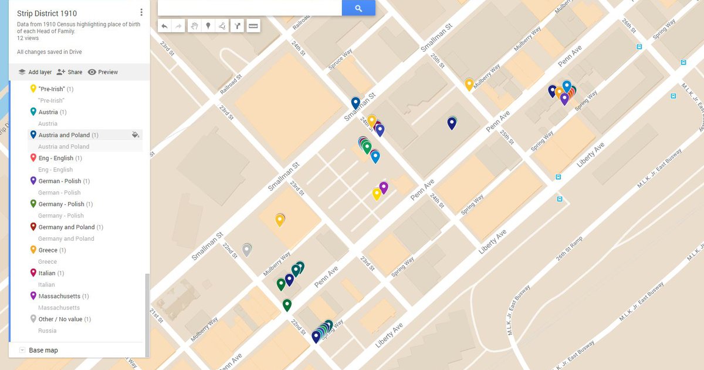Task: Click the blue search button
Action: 358,8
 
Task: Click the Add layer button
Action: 35,72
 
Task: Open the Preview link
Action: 103,72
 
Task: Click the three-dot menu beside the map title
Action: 141,12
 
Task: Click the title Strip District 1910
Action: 47,13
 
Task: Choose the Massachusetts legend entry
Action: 59,296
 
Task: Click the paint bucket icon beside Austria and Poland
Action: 136,135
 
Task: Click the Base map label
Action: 43,350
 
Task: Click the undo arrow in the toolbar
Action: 165,26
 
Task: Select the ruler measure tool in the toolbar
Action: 253,26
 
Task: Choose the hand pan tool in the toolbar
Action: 194,26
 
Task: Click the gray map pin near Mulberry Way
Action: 247,250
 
